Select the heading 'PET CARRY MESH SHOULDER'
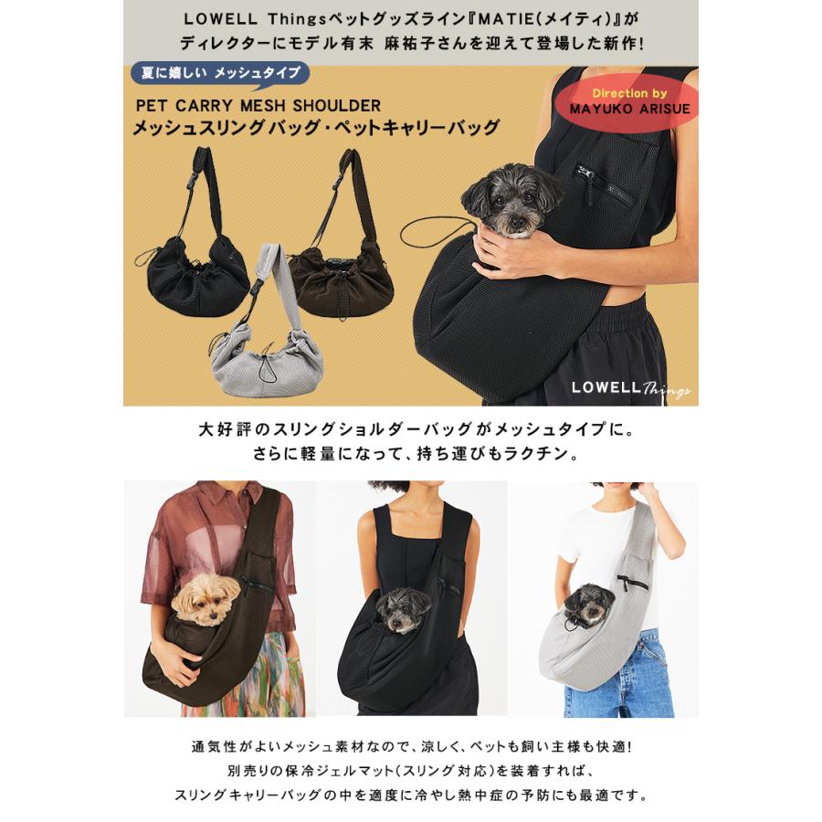coord(257,106)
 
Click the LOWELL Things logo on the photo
coord(630,388)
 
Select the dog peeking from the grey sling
coord(588,604)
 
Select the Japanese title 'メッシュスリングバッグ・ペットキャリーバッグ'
coord(316,128)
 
